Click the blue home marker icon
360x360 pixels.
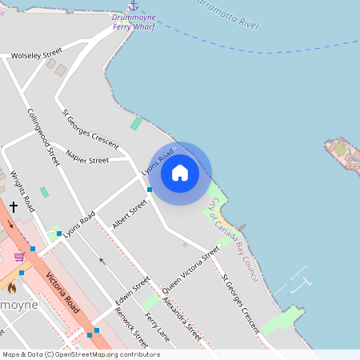pos(180,172)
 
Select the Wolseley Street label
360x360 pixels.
pos(36,56)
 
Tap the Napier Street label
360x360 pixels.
pos(87,160)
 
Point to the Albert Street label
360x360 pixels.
pos(130,214)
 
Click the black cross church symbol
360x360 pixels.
pos(14,206)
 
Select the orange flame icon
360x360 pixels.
pos(12,286)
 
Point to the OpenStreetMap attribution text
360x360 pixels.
pos(81,354)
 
